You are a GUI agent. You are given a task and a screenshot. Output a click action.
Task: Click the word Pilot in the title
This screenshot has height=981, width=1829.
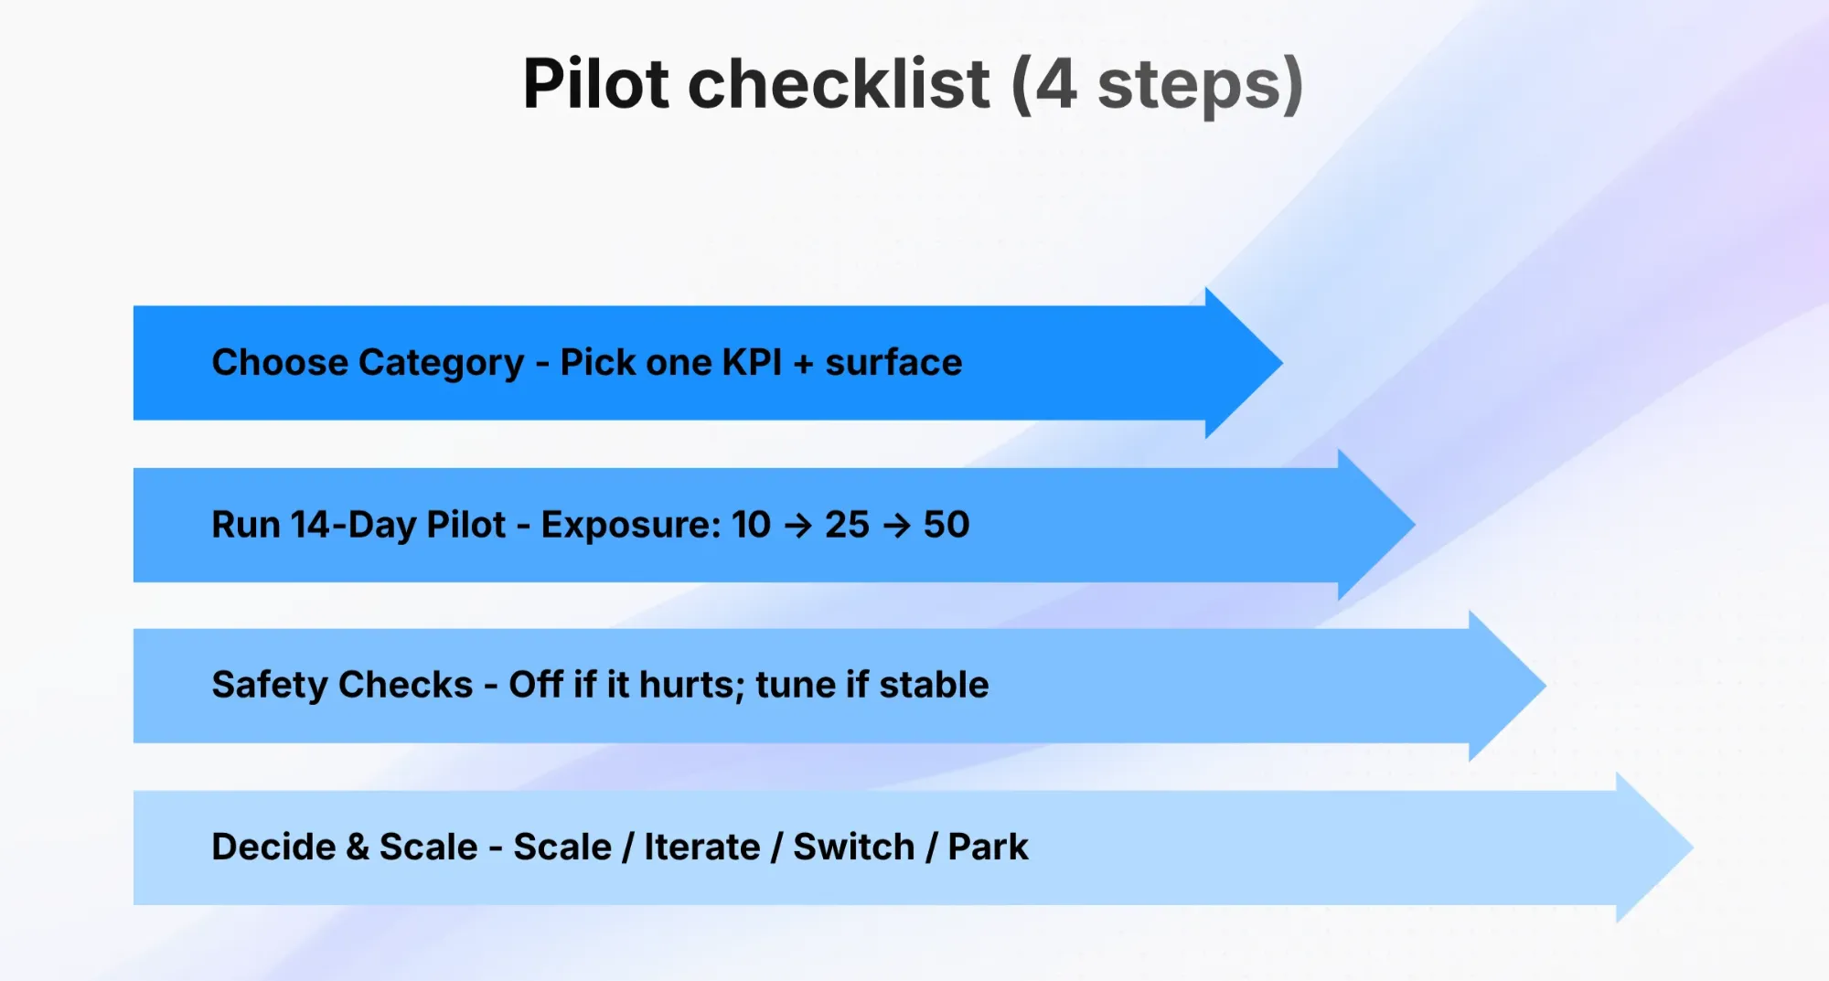tap(596, 84)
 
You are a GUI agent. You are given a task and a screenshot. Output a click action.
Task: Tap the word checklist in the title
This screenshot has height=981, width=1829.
tap(839, 84)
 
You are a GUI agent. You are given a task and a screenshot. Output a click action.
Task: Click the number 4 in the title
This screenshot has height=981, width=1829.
tap(1056, 85)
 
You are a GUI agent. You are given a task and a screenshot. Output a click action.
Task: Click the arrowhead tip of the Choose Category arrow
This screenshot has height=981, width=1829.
tap(1282, 363)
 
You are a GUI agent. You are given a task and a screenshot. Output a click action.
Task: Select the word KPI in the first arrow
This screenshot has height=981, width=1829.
tap(752, 363)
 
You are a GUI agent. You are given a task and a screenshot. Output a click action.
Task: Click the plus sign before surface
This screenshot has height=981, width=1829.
tap(804, 364)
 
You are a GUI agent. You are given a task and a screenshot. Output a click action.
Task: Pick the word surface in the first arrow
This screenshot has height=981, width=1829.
tap(893, 363)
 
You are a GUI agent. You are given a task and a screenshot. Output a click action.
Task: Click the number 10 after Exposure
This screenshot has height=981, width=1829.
tap(751, 525)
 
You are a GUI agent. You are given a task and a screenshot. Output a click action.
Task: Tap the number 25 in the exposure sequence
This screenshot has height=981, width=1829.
tap(847, 525)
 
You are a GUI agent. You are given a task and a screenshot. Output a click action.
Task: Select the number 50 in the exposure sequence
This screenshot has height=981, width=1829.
tap(947, 525)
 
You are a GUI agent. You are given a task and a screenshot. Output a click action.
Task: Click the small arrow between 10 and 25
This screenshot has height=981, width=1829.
tap(798, 526)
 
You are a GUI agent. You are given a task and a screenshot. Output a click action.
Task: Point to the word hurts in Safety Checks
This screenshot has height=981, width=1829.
tap(692, 685)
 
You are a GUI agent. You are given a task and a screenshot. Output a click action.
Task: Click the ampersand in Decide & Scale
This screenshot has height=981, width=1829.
tap(358, 847)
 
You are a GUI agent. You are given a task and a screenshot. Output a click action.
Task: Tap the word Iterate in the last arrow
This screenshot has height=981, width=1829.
tap(702, 847)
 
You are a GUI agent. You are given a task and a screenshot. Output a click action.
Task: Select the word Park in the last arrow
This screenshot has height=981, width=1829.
tap(988, 847)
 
